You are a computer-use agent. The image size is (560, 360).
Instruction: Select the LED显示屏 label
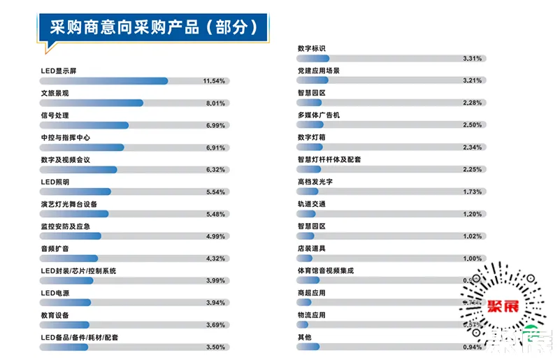click(58, 71)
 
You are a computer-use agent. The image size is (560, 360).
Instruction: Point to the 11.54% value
click(214, 81)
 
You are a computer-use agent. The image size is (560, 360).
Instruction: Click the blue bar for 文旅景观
click(92, 103)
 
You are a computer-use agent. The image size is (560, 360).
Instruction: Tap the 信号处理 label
click(55, 115)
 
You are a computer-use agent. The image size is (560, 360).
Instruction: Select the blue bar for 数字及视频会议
click(78, 170)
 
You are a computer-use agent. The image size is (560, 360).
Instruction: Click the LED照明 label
click(55, 182)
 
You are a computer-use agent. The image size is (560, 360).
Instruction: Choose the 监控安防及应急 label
click(66, 226)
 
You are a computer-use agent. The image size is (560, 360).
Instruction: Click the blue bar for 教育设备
click(65, 325)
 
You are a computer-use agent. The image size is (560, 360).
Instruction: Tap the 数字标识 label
click(312, 49)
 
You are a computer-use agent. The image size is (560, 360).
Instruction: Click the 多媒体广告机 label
click(319, 115)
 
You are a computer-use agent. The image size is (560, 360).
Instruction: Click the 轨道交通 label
click(312, 204)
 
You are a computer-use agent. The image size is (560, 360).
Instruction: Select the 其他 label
click(305, 337)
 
